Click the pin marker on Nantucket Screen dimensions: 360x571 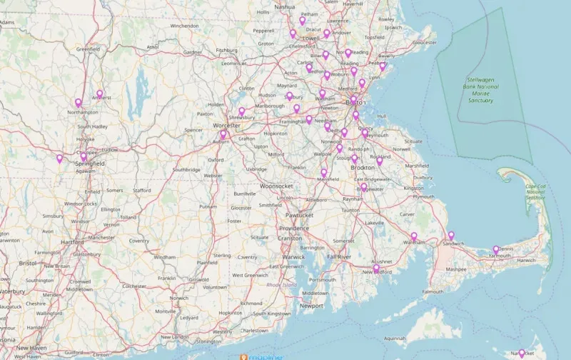click(522, 353)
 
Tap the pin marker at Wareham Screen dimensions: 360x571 click(414, 236)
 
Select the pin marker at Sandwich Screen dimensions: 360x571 click(451, 236)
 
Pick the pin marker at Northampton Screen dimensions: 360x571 click(79, 103)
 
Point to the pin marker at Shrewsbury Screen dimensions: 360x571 click(242, 111)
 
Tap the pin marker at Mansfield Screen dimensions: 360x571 click(324, 173)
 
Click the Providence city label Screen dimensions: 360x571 click(294, 228)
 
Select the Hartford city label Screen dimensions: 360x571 click(72, 242)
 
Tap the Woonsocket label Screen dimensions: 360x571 click(276, 186)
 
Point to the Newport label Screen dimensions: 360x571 click(311, 306)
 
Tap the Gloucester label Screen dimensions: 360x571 click(425, 42)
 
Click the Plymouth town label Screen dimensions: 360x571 click(424, 196)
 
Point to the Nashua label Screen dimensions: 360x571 click(284, 6)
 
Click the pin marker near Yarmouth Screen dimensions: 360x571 click(496, 250)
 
